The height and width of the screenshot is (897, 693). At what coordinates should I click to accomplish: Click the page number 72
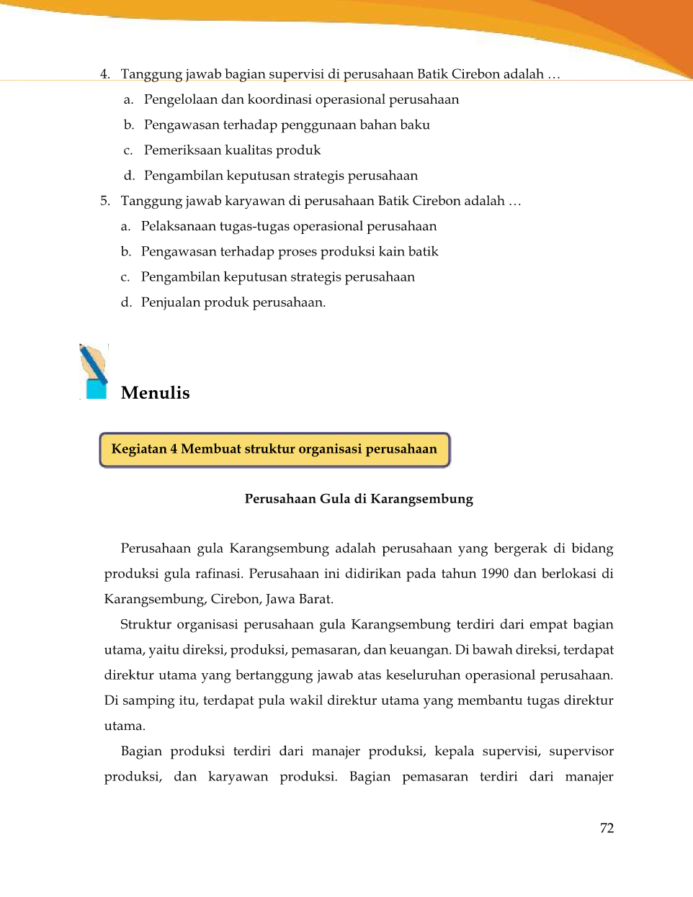click(x=607, y=828)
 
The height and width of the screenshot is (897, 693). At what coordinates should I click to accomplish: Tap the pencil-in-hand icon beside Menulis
click(x=94, y=371)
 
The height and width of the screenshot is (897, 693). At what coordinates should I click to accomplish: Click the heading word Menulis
click(x=155, y=393)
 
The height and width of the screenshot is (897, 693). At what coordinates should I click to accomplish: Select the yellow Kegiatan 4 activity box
click(x=274, y=449)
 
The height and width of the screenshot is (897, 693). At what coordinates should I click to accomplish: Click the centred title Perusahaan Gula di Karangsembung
click(x=359, y=499)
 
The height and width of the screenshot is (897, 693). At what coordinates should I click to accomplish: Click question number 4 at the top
click(x=105, y=74)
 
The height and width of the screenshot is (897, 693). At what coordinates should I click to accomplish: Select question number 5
click(x=105, y=201)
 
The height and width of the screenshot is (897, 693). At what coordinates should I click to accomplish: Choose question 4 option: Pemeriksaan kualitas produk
click(x=232, y=150)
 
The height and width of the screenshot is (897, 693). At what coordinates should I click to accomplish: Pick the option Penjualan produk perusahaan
click(x=233, y=302)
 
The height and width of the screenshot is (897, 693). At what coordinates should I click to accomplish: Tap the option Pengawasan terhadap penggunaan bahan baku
click(x=287, y=125)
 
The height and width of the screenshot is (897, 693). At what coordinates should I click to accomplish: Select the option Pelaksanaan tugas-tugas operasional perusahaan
click(x=288, y=227)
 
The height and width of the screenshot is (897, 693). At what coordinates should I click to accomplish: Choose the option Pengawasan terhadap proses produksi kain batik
click(x=289, y=252)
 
